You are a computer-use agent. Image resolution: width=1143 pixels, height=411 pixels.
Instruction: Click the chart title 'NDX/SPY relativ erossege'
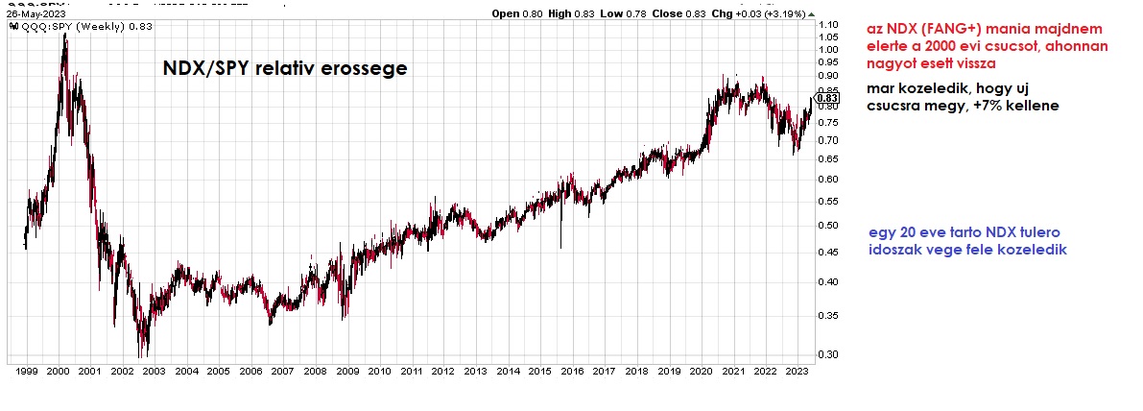284,69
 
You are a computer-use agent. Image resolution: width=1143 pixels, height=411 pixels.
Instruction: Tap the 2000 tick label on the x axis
57,371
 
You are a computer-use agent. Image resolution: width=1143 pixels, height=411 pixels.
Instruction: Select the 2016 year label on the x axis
572,371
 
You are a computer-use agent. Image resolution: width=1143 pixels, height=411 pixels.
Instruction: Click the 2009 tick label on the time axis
346,371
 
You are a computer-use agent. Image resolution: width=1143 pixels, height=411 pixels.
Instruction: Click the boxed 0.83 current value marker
828,98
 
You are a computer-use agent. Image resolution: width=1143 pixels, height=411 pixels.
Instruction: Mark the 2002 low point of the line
144,354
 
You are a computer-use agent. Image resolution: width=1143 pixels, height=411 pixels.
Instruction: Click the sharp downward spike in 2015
560,248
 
